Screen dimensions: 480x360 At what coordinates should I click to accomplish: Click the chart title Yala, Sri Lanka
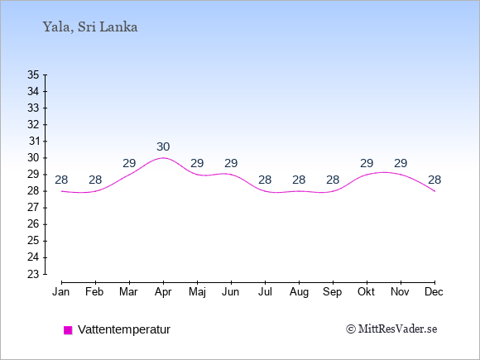[x=90, y=27]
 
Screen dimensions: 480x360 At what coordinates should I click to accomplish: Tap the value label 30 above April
[x=163, y=147]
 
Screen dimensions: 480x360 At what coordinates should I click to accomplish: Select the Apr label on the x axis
[x=163, y=292]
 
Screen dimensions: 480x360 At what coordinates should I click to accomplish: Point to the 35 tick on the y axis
[x=33, y=74]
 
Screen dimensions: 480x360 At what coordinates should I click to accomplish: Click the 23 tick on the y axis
[x=33, y=274]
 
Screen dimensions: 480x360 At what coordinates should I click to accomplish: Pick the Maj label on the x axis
[x=197, y=292]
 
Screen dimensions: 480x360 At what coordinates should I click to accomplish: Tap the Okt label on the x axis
[x=367, y=292]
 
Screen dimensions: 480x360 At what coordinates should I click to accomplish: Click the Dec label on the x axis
[x=434, y=292]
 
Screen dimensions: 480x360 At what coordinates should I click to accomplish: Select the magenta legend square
[x=68, y=330]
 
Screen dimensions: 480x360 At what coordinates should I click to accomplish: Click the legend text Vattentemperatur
[x=124, y=329]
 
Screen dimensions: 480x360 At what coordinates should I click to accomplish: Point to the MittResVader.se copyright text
[x=391, y=329]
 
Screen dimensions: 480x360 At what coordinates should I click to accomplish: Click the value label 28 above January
[x=61, y=180]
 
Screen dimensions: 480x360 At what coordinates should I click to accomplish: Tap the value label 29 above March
[x=129, y=164]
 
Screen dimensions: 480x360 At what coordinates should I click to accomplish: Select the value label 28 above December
[x=434, y=180]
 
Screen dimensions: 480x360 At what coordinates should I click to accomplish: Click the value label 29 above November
[x=401, y=164]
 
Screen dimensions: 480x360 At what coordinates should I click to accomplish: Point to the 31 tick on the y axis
[x=34, y=142]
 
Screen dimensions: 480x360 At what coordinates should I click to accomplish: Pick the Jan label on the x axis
[x=61, y=292]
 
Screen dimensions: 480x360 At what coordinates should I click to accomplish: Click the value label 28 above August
[x=299, y=180]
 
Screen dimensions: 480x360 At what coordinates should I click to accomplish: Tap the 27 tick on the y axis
[x=33, y=208]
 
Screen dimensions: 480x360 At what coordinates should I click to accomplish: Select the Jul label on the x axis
[x=265, y=292]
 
